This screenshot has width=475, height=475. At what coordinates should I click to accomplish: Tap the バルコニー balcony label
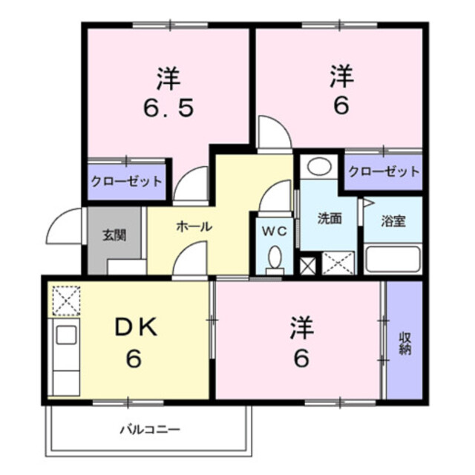[151, 429]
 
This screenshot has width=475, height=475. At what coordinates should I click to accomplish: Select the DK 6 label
[131, 342]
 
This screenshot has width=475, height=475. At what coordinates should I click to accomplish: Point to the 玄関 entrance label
[114, 236]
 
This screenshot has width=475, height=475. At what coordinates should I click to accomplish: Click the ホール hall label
[194, 226]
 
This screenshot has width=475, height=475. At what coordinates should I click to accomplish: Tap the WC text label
[275, 231]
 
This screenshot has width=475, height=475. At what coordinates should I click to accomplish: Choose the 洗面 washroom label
[329, 219]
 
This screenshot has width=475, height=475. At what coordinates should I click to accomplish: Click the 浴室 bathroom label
[393, 221]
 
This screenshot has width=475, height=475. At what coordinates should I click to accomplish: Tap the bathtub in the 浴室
[393, 260]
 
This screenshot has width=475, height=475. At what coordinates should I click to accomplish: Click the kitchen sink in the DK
[65, 336]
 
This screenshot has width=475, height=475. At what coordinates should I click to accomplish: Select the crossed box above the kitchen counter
[65, 301]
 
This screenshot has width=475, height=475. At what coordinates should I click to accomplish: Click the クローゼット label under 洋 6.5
[126, 180]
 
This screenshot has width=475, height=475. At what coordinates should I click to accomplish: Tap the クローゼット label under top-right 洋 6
[383, 171]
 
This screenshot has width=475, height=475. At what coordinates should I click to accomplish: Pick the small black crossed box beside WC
[307, 263]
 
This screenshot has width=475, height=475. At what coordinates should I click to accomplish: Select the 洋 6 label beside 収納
[301, 342]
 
